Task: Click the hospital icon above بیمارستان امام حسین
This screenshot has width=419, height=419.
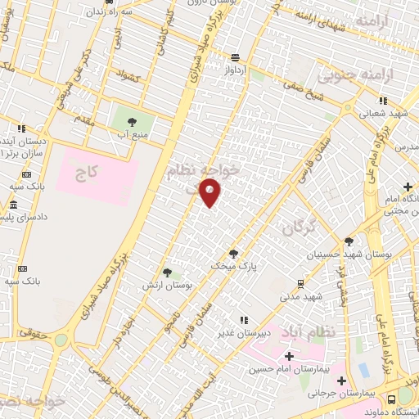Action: point(288,356)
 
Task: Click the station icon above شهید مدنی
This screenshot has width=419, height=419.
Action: point(302,283)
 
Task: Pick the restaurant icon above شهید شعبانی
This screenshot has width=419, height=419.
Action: point(383,101)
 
